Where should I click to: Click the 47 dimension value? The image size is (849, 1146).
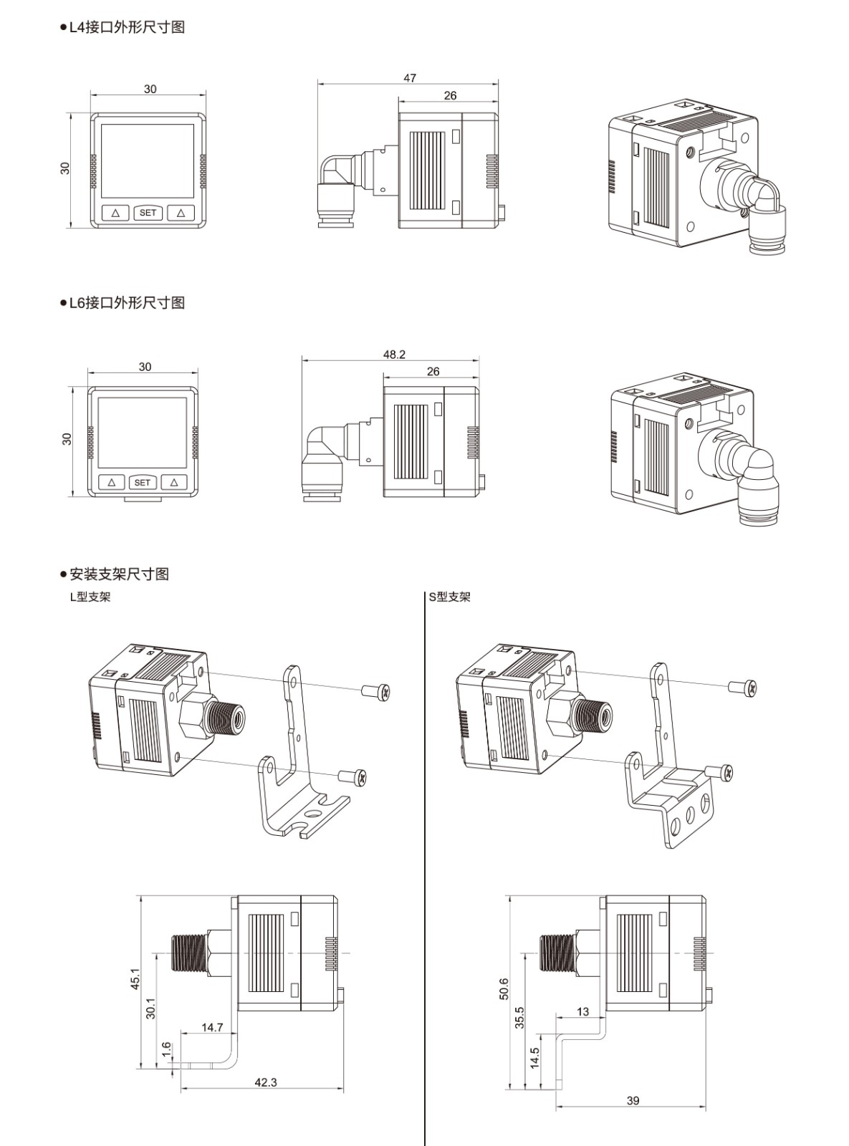tap(409, 78)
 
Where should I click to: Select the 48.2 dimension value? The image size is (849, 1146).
tap(394, 355)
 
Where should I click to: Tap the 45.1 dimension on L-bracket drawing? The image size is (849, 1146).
tap(135, 978)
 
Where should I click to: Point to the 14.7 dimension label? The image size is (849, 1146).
tap(212, 1027)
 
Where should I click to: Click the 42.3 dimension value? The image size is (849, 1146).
tap(265, 1082)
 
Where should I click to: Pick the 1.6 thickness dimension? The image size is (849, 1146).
tap(166, 1050)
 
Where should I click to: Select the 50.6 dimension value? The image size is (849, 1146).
tap(504, 988)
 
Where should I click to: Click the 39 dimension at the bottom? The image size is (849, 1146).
tap(633, 1100)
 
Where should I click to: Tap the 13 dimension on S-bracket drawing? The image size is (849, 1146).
tap(582, 1011)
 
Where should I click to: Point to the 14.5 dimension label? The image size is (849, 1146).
tap(534, 1058)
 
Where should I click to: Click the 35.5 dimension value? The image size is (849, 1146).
tap(519, 1017)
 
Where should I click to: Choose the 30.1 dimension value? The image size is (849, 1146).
tap(150, 1008)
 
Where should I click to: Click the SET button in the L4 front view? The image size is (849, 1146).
tap(148, 213)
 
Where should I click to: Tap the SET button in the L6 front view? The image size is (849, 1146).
tap(143, 483)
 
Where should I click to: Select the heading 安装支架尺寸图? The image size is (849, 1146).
tap(119, 574)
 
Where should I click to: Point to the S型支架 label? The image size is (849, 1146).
tap(449, 597)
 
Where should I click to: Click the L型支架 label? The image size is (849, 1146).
tap(90, 597)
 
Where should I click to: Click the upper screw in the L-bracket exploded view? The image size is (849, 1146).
tap(377, 692)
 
